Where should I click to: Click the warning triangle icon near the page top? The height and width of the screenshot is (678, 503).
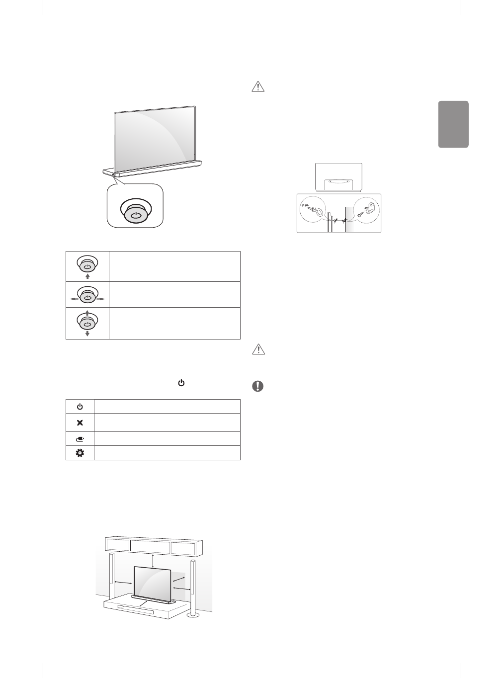click(258, 86)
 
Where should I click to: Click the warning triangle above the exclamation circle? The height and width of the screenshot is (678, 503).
click(258, 350)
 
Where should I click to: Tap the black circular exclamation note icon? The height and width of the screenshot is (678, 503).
click(258, 386)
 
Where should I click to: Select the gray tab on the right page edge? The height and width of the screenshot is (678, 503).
click(453, 124)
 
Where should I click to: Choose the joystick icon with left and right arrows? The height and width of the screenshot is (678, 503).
click(87, 295)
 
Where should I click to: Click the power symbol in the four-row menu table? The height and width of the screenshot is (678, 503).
click(80, 407)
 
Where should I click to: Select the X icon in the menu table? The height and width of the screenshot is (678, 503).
click(80, 423)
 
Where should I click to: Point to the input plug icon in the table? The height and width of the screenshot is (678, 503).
click(80, 439)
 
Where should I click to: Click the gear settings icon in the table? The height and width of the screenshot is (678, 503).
click(80, 453)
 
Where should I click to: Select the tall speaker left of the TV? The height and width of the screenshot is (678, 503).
click(112, 577)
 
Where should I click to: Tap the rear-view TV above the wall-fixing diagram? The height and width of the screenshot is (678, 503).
click(339, 176)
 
